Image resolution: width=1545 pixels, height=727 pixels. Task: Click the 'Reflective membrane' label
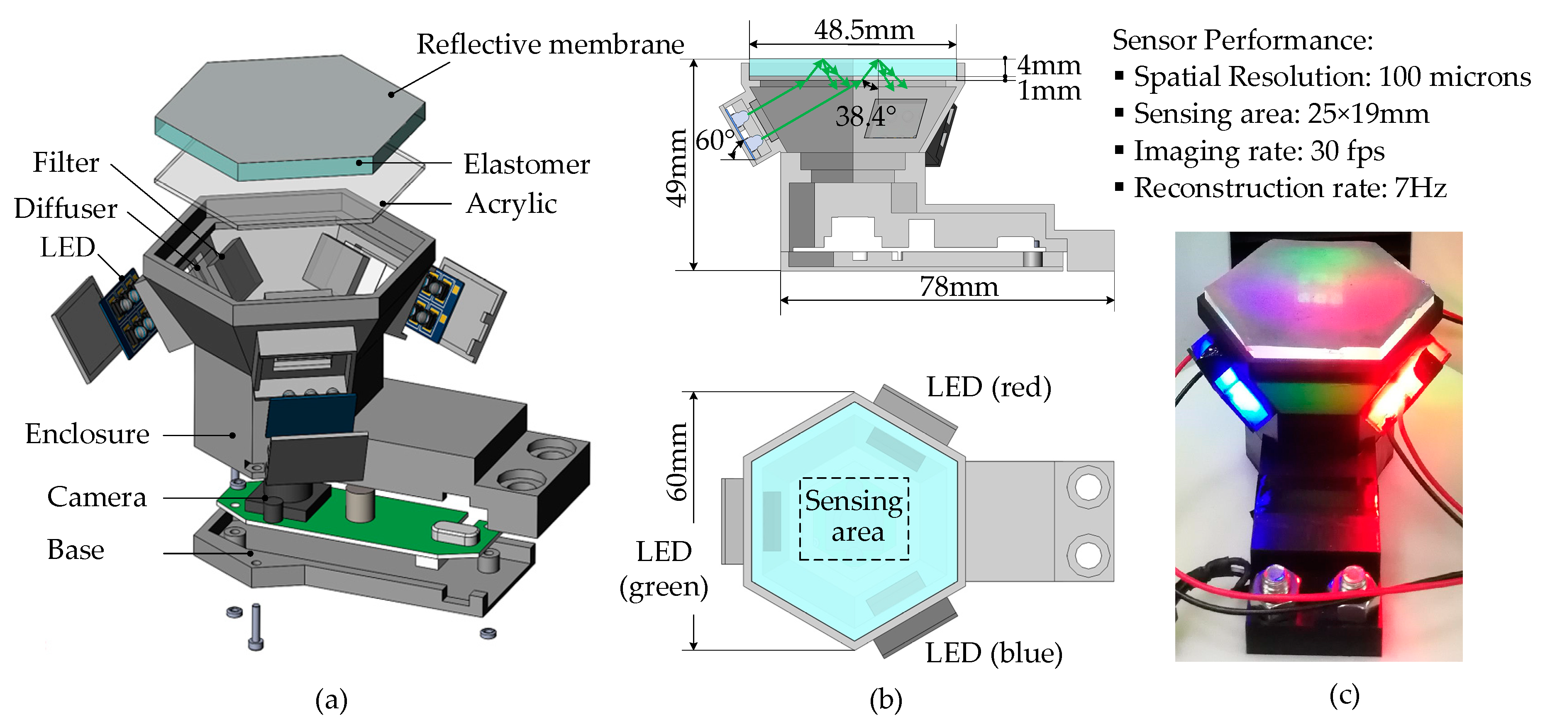coord(550,44)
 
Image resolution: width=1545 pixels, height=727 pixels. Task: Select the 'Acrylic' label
coord(511,203)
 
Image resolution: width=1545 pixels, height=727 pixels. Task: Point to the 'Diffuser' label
coord(66,208)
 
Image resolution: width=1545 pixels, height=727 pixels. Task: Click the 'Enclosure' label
coord(87,434)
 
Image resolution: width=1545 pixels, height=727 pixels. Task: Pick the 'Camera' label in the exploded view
coord(97,497)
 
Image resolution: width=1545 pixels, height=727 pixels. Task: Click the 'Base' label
coord(76,549)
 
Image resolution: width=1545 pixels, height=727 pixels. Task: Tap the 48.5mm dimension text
coord(864,30)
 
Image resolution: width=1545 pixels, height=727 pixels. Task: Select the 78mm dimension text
coord(959,287)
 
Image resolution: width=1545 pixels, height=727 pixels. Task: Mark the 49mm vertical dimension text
coord(677,168)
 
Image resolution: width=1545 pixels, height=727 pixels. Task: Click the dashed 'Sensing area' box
coord(854,518)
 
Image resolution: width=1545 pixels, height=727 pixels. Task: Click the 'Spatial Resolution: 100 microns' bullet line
coord(1331,77)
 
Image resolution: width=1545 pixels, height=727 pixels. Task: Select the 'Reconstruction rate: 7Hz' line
coord(1289,188)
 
